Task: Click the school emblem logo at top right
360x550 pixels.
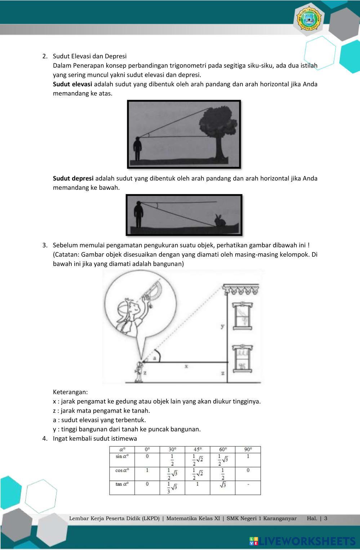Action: tap(309, 19)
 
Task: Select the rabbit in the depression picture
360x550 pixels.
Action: tap(218, 220)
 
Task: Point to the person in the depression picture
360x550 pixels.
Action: tap(138, 215)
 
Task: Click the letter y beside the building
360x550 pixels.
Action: tap(223, 326)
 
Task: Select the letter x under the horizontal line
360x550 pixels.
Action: tap(186, 366)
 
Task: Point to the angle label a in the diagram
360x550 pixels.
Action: tap(154, 358)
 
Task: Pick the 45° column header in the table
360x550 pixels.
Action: tap(197, 450)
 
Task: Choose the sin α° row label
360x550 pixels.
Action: tap(122, 456)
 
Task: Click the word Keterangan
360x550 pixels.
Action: tap(70, 392)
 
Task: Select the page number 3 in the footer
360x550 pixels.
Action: tap(326, 519)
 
